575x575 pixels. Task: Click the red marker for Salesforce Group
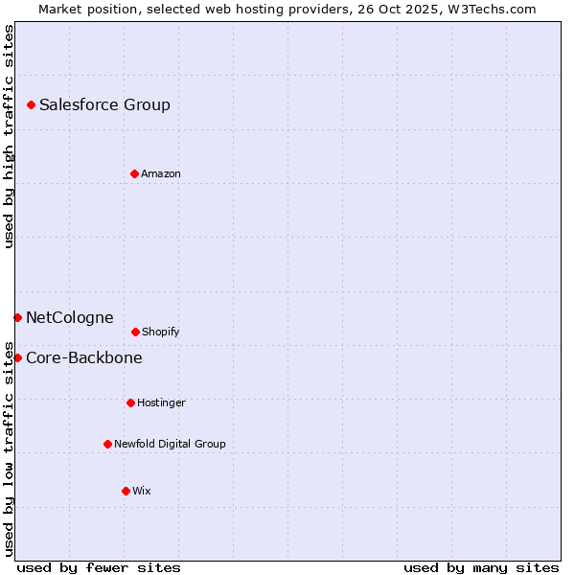click(x=31, y=104)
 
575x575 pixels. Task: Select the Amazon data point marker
click(x=134, y=173)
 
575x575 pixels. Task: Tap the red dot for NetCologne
click(x=17, y=317)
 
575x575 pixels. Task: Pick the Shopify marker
click(x=135, y=332)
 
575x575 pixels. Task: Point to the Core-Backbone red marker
click(x=17, y=357)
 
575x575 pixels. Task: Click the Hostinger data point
click(x=130, y=402)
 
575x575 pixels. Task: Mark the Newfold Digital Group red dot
click(x=107, y=444)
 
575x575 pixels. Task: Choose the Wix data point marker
click(x=126, y=491)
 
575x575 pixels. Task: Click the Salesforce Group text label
click(x=104, y=104)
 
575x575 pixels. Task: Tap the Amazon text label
click(x=161, y=173)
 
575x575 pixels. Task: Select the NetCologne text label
click(x=69, y=317)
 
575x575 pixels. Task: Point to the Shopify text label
click(x=161, y=332)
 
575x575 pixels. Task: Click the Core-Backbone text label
click(x=84, y=357)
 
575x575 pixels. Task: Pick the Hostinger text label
click(x=161, y=402)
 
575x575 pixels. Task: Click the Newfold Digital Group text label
click(x=170, y=444)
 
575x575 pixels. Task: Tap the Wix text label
click(x=142, y=491)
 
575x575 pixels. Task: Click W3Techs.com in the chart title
click(x=490, y=9)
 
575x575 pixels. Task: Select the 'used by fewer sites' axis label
click(x=99, y=567)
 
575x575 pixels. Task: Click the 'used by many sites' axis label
click(x=481, y=567)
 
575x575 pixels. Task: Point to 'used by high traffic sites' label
click(x=9, y=136)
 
